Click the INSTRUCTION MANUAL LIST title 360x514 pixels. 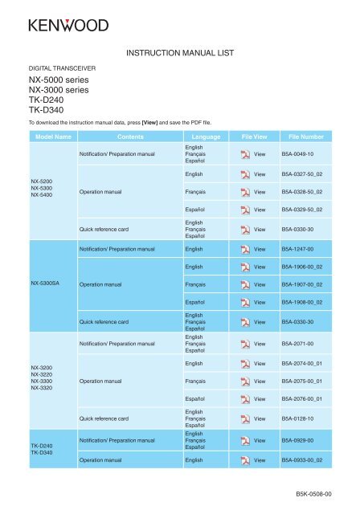[180, 54]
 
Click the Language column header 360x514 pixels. [205, 137]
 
